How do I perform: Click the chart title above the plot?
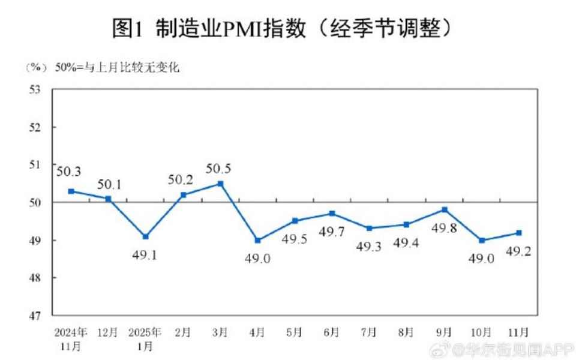281,27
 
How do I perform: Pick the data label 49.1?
145,254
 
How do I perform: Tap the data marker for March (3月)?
220,184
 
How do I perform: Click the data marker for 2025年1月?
146,236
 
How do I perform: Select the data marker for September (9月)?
445,209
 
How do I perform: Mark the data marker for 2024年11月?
71,191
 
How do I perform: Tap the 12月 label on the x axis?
109,331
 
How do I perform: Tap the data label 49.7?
332,232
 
